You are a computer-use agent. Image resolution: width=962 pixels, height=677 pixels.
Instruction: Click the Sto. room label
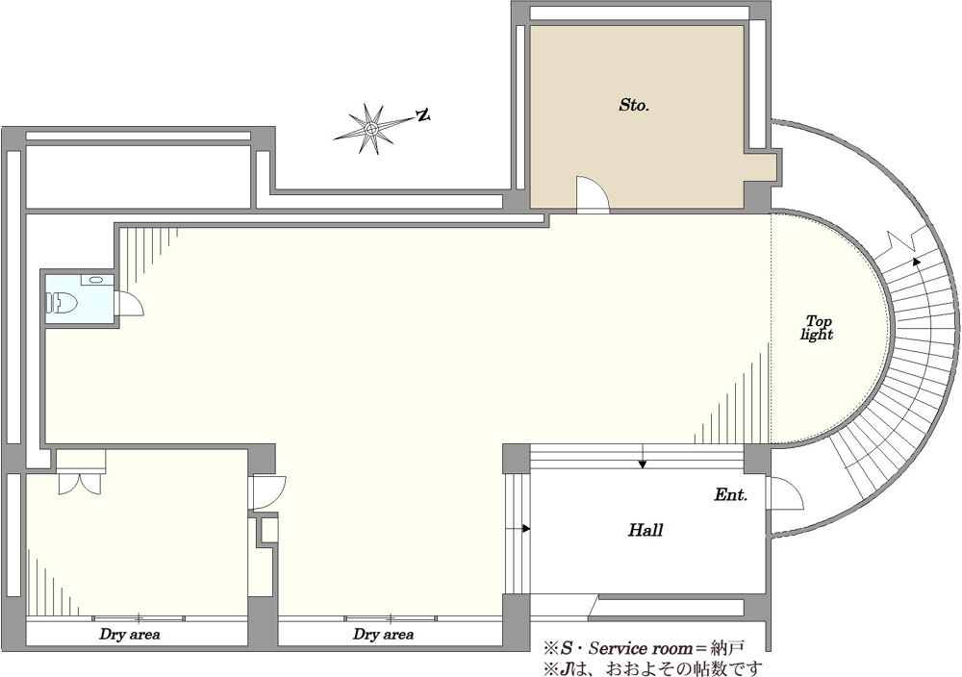pyautogui.click(x=634, y=106)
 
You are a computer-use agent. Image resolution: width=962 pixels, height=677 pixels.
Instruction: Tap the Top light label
pyautogui.click(x=818, y=328)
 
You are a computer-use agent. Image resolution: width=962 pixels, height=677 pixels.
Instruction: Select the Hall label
pyautogui.click(x=646, y=530)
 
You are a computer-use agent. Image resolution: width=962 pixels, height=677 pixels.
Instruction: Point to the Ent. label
pyautogui.click(x=731, y=495)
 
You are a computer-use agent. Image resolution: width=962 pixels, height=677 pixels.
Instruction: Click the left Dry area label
pyautogui.click(x=130, y=634)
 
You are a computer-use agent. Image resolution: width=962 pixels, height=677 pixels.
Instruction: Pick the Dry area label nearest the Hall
pyautogui.click(x=383, y=634)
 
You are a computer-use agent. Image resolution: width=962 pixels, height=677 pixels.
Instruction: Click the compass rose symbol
pyautogui.click(x=371, y=129)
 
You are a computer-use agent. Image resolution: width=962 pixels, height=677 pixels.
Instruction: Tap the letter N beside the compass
pyautogui.click(x=422, y=114)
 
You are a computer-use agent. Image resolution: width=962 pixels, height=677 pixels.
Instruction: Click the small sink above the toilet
pyautogui.click(x=96, y=280)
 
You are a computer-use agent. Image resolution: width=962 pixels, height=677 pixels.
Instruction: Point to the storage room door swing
pyautogui.click(x=593, y=194)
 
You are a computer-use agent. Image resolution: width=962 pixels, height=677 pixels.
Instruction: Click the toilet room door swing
pyautogui.click(x=130, y=302)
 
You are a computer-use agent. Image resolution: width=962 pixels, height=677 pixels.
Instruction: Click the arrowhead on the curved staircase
pyautogui.click(x=917, y=261)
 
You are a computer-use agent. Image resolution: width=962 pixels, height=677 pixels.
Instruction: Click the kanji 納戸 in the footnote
pyautogui.click(x=736, y=647)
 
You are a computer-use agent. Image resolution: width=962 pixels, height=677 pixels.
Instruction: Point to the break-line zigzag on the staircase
pyautogui.click(x=903, y=241)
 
